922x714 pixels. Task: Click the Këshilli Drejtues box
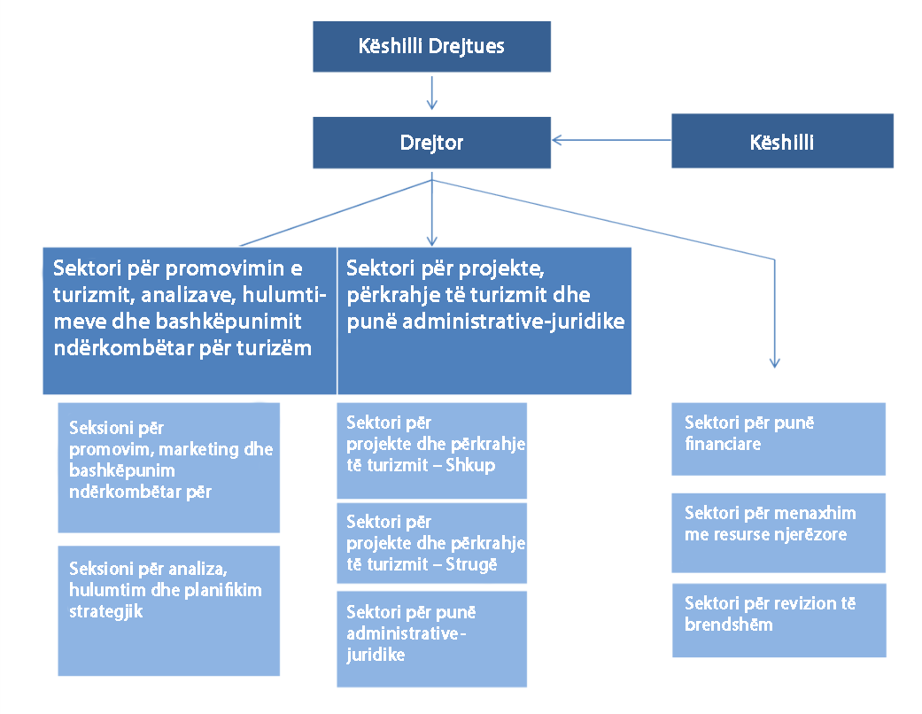pos(431,46)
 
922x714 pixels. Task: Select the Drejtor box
pos(431,143)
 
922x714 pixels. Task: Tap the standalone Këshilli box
pos(782,141)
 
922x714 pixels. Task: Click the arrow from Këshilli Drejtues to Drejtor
pos(431,92)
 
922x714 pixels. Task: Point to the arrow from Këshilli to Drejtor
pos(611,140)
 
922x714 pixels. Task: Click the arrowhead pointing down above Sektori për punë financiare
pos(774,363)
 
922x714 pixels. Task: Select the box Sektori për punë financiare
pos(779,438)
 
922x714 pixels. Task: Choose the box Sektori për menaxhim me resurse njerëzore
pos(779,533)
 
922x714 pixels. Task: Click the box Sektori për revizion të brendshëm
pos(779,620)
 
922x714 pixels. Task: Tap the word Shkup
pos(469,465)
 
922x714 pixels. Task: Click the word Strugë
pos(471,564)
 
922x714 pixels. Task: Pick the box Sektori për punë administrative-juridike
pos(431,639)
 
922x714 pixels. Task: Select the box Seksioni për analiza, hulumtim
pos(169,610)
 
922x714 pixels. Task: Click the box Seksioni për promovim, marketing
pos(169,468)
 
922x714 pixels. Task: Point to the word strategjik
pos(106,611)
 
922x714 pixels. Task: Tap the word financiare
pos(723,444)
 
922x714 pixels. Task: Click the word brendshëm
pos(729,625)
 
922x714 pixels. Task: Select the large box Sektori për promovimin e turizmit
pos(190,321)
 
